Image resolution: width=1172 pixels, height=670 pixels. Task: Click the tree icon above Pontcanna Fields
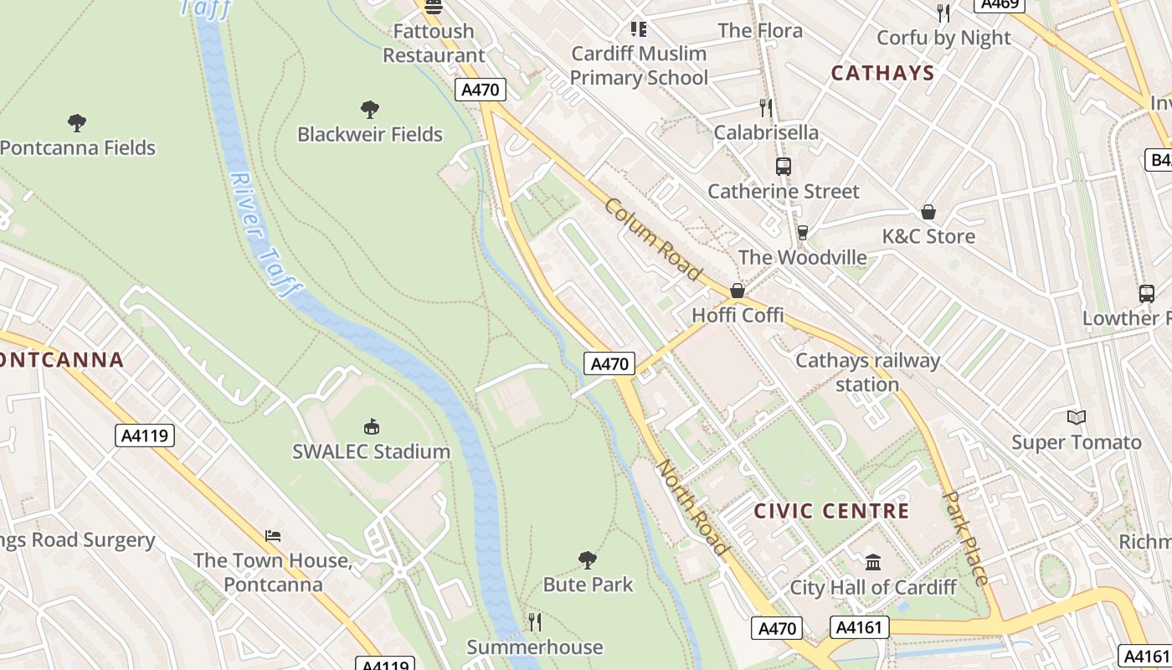click(x=77, y=123)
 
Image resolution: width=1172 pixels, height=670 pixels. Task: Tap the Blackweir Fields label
click(x=369, y=134)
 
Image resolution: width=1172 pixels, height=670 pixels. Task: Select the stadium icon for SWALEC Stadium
click(x=372, y=427)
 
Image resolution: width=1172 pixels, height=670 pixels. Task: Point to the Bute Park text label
click(x=588, y=584)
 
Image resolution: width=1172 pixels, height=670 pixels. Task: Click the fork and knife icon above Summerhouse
click(x=535, y=621)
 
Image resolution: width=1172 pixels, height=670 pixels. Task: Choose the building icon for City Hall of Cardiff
click(x=873, y=562)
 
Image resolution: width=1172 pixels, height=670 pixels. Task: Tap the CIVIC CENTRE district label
click(x=831, y=511)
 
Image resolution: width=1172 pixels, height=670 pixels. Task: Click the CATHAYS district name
click(x=882, y=73)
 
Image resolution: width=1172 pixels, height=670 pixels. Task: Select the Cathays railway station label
click(x=867, y=373)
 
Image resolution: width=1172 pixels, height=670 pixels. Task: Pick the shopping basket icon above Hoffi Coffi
click(x=738, y=291)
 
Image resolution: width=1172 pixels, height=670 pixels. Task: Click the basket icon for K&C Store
click(x=928, y=212)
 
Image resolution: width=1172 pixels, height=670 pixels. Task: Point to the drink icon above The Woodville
click(x=802, y=232)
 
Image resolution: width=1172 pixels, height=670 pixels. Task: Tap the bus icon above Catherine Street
click(x=783, y=167)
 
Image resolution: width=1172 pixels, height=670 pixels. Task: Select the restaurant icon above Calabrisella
click(x=765, y=107)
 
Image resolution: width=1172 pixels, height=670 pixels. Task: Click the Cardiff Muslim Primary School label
click(x=639, y=65)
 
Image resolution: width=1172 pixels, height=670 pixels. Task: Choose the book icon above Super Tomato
click(x=1076, y=417)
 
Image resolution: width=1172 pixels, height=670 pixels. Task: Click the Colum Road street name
click(x=652, y=240)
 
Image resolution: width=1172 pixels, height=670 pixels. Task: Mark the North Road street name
click(x=692, y=507)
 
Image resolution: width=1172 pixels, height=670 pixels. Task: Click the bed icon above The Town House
click(x=273, y=536)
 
